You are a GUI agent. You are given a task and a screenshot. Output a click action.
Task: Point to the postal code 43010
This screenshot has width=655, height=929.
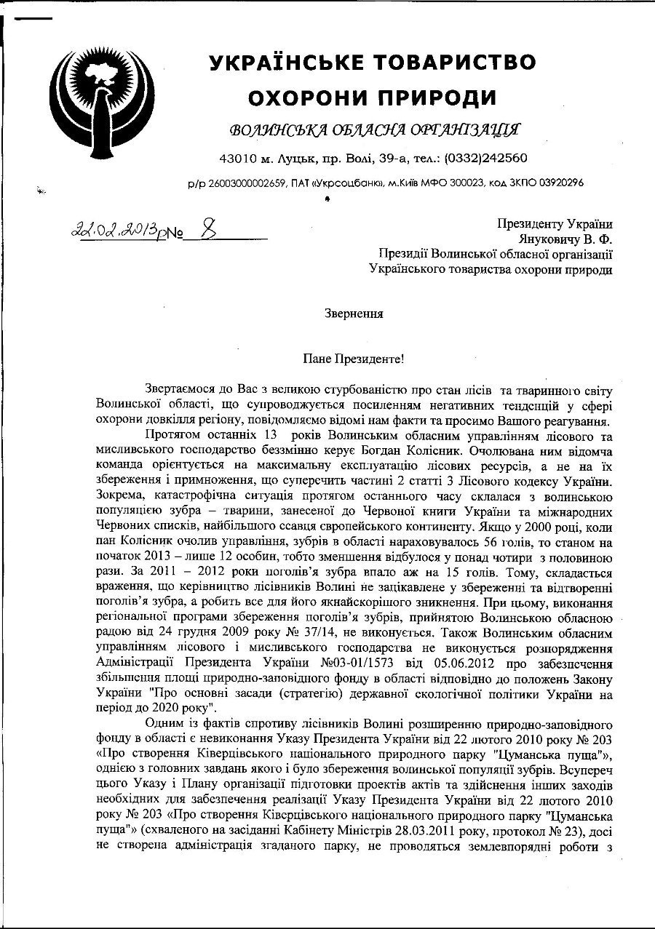(x=238, y=158)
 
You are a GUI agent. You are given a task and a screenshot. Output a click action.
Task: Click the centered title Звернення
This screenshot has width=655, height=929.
(x=353, y=314)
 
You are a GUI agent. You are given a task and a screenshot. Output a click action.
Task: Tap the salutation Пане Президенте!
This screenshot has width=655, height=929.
(x=353, y=359)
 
